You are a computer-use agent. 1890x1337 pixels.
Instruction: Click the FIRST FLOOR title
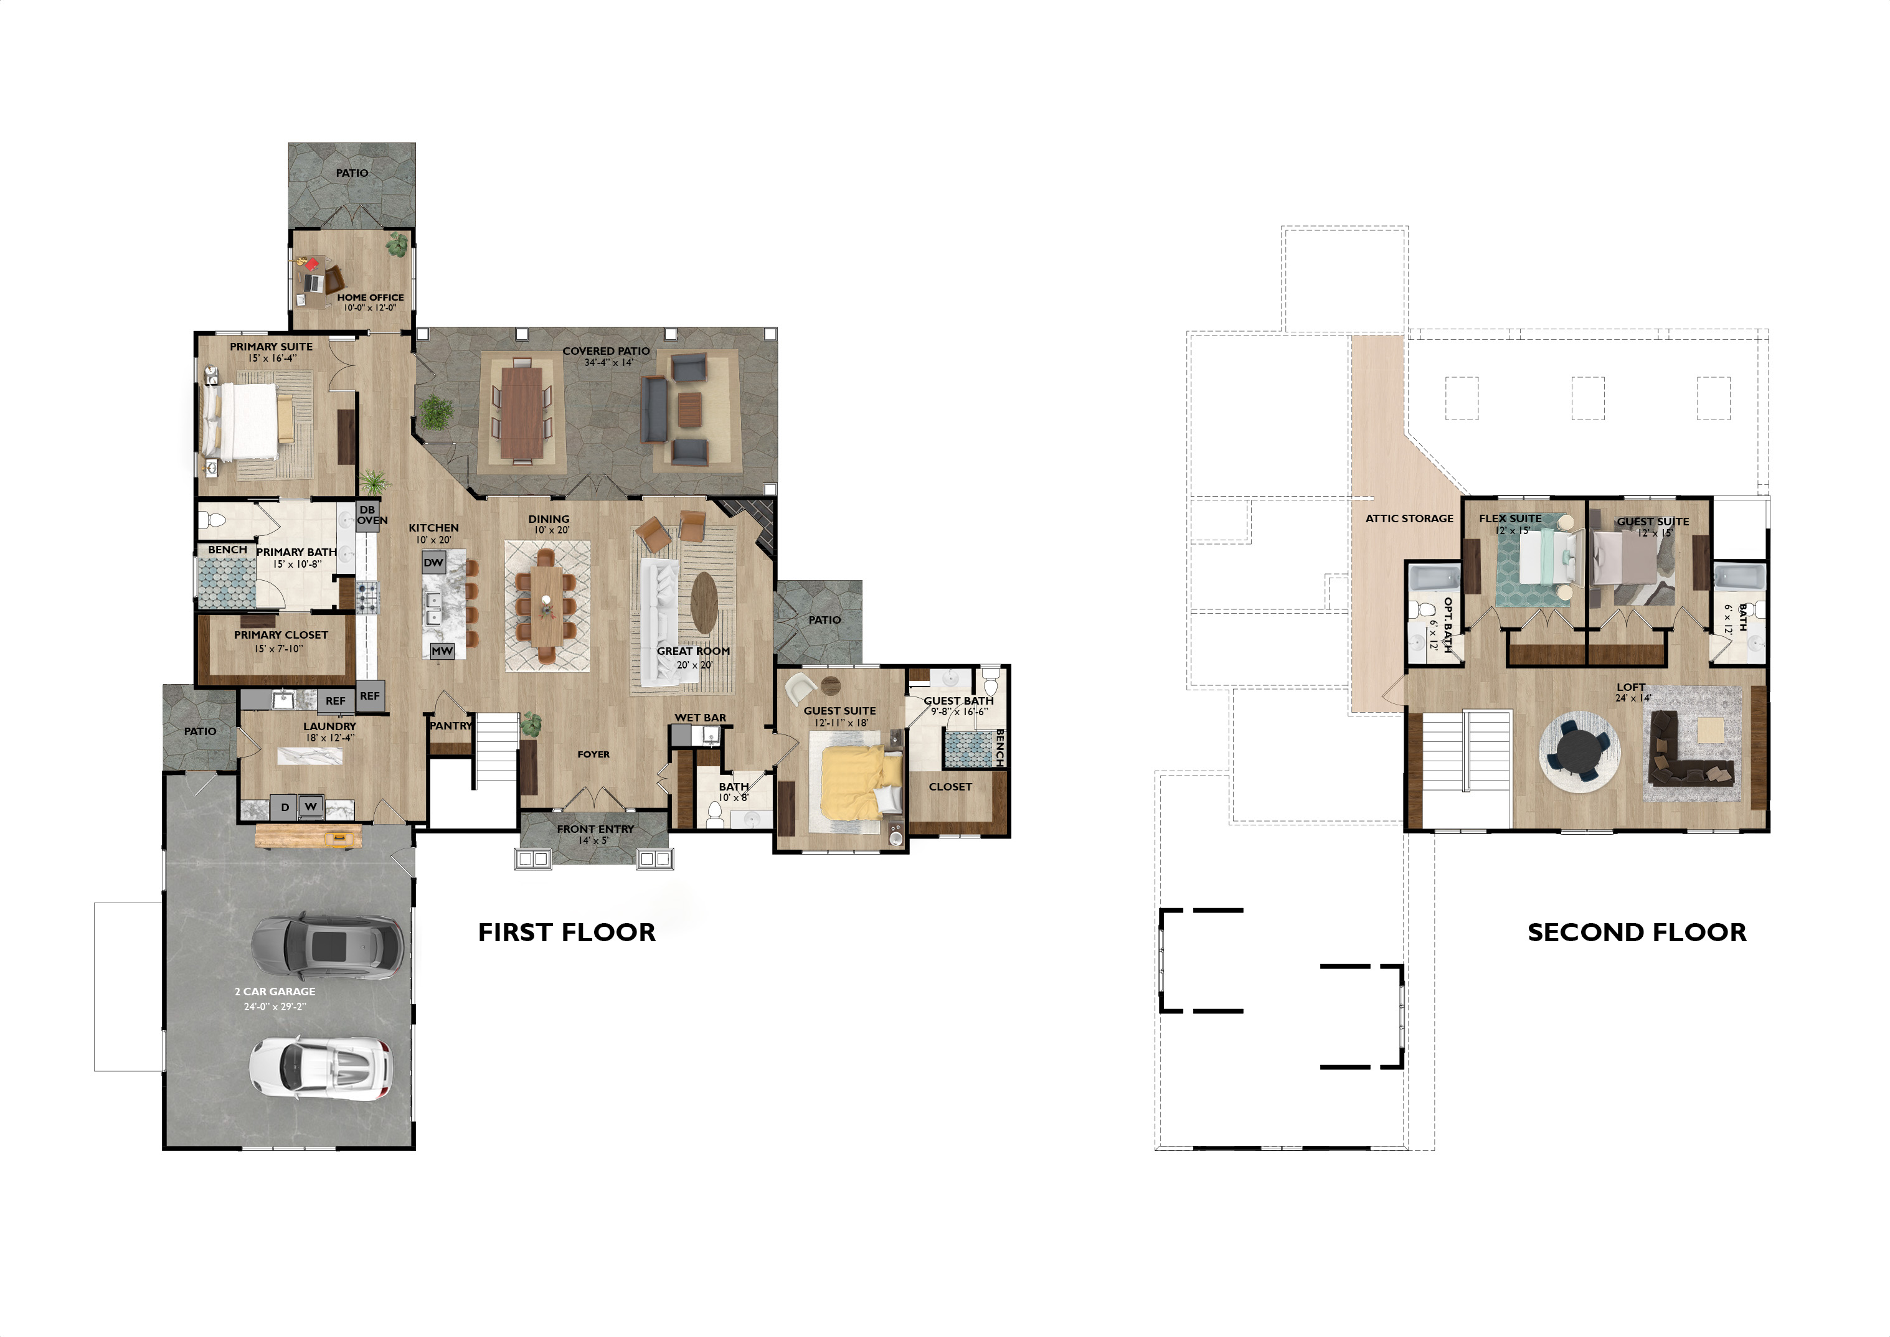click(x=567, y=932)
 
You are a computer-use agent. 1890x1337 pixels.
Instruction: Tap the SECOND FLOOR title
click(x=1637, y=932)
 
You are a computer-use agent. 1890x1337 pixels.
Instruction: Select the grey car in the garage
click(x=327, y=945)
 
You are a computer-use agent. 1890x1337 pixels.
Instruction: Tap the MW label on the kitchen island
click(x=442, y=650)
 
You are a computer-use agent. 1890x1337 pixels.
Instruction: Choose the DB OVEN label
click(x=371, y=515)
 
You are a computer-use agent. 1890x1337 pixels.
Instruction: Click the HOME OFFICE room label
click(x=371, y=297)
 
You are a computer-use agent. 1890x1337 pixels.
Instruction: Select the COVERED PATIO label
click(x=606, y=350)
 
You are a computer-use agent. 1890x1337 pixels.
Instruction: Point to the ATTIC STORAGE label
click(x=1409, y=518)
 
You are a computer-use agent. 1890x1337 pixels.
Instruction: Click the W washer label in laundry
click(x=311, y=807)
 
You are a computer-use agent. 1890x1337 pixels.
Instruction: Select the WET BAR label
click(x=700, y=718)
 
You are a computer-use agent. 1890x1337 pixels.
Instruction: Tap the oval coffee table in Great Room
click(x=704, y=602)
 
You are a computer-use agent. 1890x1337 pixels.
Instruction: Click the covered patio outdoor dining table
click(x=522, y=411)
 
